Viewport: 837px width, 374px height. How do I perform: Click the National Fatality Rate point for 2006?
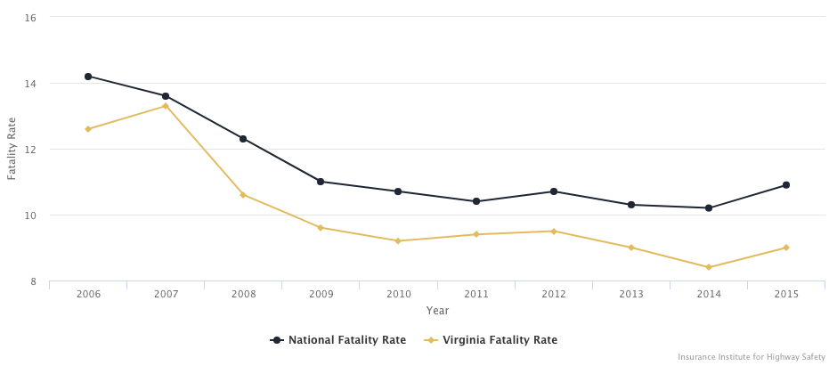(x=88, y=77)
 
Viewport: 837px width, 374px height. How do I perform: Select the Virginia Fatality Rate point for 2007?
(x=166, y=106)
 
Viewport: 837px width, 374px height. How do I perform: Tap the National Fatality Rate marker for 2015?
(x=786, y=185)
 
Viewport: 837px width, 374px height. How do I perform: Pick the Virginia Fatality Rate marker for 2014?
(x=709, y=267)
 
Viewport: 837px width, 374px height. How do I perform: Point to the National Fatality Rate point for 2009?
(x=321, y=182)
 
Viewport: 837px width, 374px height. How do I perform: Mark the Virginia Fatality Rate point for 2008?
(x=243, y=195)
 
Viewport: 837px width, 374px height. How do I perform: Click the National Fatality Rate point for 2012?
(x=554, y=191)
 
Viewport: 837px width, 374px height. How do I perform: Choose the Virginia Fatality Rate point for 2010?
(x=398, y=240)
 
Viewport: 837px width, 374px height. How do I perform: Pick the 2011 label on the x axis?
(x=475, y=295)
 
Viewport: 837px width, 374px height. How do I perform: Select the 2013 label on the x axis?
(x=631, y=295)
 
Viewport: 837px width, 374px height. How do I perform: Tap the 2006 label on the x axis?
(x=88, y=295)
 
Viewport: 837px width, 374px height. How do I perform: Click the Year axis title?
(x=437, y=311)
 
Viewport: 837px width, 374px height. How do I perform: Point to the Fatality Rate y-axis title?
(x=12, y=150)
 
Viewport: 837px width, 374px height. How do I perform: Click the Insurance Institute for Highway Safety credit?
(x=752, y=357)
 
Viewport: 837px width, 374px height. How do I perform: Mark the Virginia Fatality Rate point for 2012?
(x=554, y=232)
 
